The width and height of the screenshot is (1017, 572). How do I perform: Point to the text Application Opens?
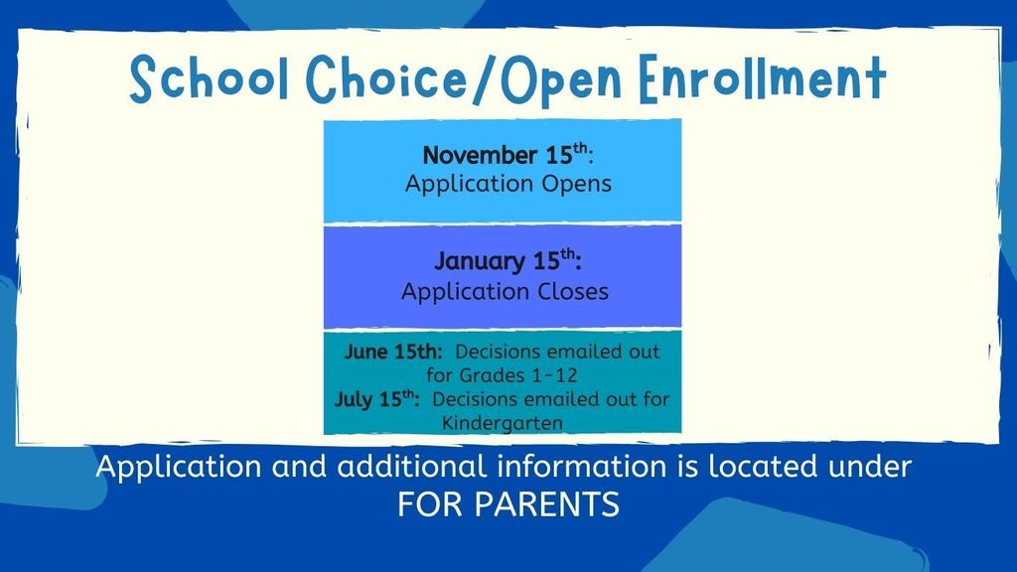pyautogui.click(x=508, y=185)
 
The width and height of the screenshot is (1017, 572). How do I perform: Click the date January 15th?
pyautogui.click(x=507, y=262)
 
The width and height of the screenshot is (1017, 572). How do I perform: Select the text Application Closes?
pyautogui.click(x=505, y=292)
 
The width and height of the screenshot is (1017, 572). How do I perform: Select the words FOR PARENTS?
pyautogui.click(x=508, y=504)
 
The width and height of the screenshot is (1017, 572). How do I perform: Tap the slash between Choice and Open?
pyautogui.click(x=442, y=78)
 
